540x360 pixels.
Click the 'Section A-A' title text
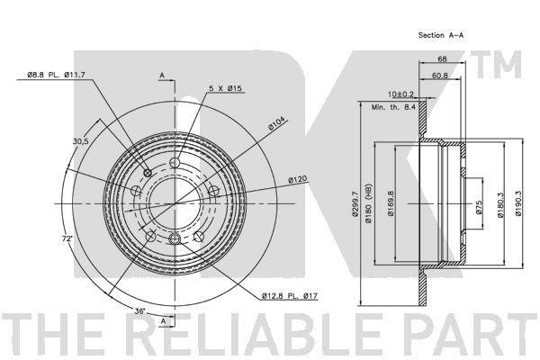coord(440,35)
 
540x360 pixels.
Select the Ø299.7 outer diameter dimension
coord(355,204)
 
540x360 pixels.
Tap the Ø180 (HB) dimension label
coord(368,203)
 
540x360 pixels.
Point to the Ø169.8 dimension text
coord(391,203)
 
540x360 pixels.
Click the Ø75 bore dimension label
coord(479,207)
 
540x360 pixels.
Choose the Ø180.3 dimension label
coord(500,204)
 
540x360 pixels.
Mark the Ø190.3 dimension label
coord(518,203)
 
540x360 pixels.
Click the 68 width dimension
coord(442,58)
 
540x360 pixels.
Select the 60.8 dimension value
coord(440,76)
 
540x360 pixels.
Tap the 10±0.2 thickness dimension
coord(400,94)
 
